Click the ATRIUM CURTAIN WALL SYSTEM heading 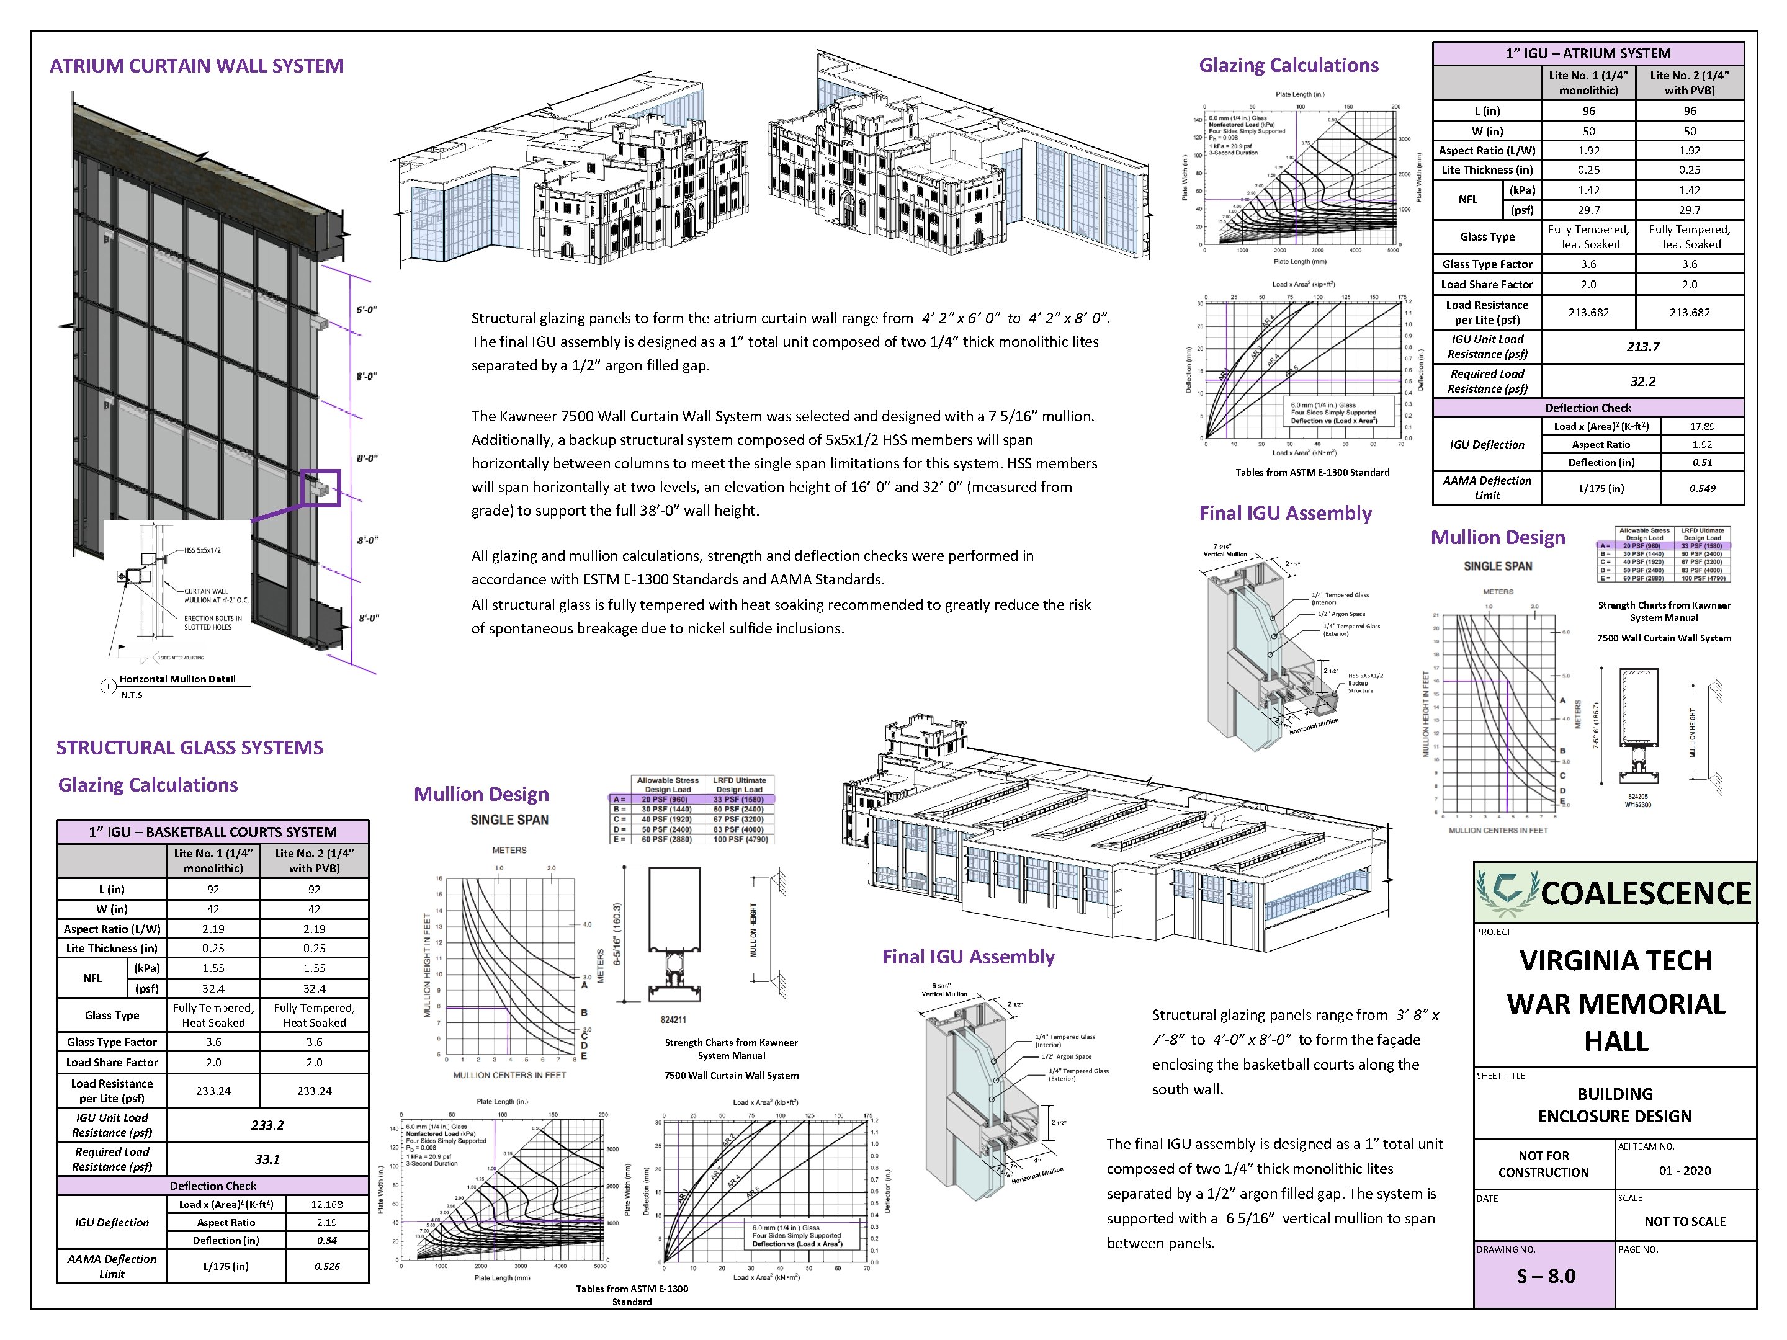coord(196,66)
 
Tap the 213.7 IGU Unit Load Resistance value coord(1642,347)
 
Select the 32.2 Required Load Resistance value coord(1642,382)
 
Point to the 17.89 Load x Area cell coord(1701,426)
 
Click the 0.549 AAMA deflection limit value coord(1701,488)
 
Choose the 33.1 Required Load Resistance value coord(267,1159)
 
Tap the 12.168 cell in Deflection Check coord(326,1204)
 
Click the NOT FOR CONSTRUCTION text coord(1543,1164)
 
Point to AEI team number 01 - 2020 coord(1685,1171)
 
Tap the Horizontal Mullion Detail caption coord(177,679)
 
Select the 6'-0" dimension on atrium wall coord(367,310)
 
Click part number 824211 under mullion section coord(673,1020)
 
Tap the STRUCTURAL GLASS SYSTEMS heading coord(190,748)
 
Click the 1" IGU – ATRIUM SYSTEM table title coord(1587,53)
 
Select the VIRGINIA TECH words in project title coord(1615,961)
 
